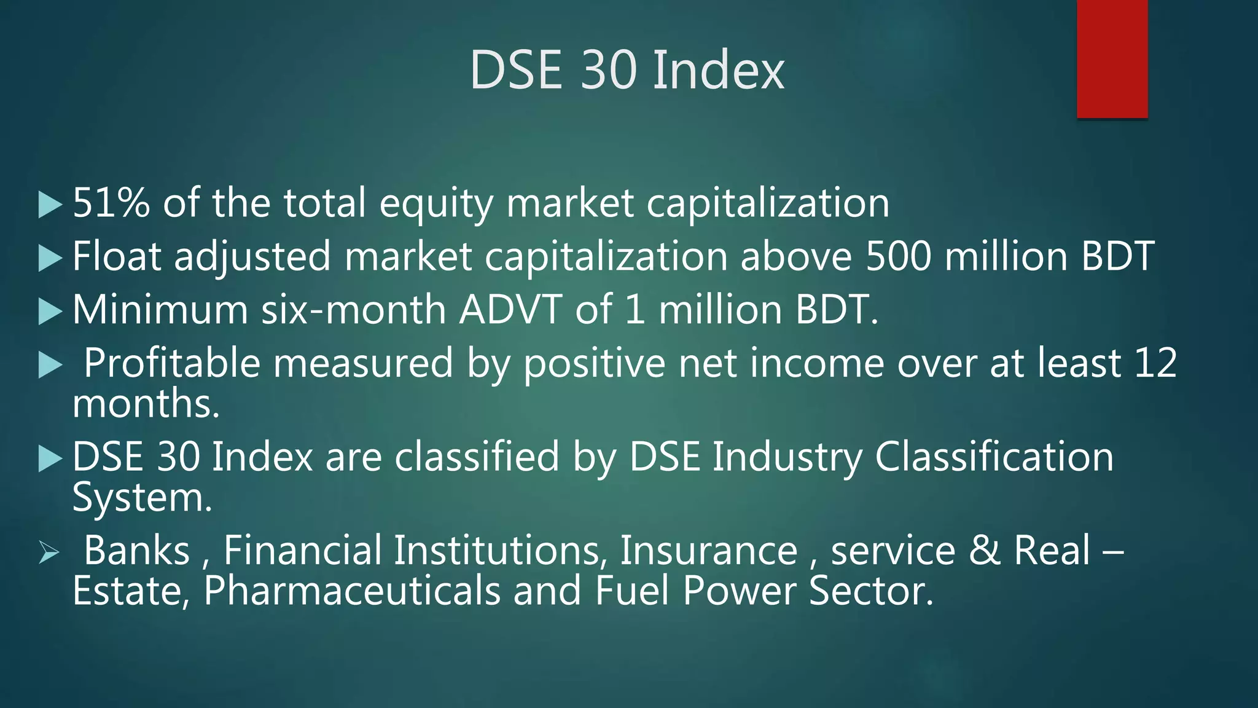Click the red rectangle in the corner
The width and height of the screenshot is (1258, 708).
(x=1112, y=58)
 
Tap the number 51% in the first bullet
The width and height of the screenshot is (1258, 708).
(x=111, y=203)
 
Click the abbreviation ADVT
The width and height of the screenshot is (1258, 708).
(x=510, y=309)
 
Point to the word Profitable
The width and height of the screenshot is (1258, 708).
(x=172, y=363)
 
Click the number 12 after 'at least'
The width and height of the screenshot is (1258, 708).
(x=1155, y=363)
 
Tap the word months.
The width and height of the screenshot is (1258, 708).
(x=146, y=404)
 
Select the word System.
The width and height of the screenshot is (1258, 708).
(x=142, y=497)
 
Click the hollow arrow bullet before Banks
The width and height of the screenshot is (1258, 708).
(x=49, y=552)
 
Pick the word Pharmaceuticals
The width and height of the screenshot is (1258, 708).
(x=351, y=591)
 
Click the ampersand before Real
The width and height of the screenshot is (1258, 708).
(x=985, y=550)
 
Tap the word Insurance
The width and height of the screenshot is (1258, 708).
(x=708, y=550)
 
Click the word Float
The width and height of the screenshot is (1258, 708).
(x=117, y=256)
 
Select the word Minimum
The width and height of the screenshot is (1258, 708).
(x=160, y=309)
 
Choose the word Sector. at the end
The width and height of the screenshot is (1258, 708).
(x=870, y=591)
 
